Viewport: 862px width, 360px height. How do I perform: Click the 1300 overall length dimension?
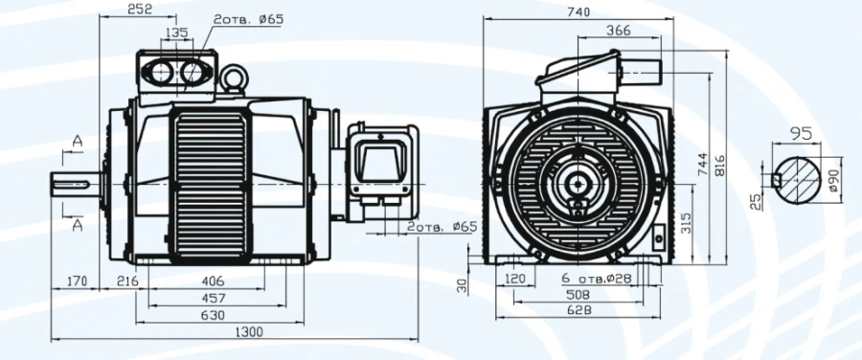coord(248,332)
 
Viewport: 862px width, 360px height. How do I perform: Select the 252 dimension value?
coord(140,9)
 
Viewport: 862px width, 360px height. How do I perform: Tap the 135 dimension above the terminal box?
coord(176,33)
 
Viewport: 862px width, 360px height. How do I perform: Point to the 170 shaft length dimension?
coord(77,281)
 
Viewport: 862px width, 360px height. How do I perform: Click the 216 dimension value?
coord(127,281)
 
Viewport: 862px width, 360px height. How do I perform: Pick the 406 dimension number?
coord(214,281)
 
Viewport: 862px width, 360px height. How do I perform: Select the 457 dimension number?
coord(215,299)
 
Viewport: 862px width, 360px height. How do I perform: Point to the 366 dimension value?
coord(619,31)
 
